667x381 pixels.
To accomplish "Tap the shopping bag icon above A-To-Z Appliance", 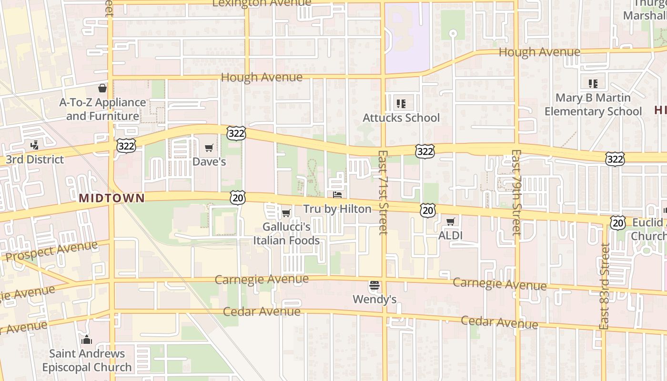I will [102, 88].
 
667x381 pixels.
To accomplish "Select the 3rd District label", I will [35, 159].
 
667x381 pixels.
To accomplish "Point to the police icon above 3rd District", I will [34, 144].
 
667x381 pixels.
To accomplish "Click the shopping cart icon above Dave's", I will [209, 148].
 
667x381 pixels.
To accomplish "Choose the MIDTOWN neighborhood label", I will [111, 198].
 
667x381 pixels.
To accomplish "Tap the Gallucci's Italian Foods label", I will [286, 234].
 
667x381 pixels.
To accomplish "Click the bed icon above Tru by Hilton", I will [337, 195].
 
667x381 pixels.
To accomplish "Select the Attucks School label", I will [401, 118].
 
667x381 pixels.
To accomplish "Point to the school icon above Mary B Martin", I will [593, 84].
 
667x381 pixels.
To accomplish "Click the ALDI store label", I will [450, 235].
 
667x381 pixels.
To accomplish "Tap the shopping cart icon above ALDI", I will [451, 221].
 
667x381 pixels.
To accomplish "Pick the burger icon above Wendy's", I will [374, 286].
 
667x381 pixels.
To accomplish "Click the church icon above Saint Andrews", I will [86, 340].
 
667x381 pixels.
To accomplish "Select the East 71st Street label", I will [383, 192].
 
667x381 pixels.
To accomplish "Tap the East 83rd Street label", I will [605, 286].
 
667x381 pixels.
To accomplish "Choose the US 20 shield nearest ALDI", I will [428, 210].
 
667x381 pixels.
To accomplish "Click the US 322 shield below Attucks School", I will [424, 151].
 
